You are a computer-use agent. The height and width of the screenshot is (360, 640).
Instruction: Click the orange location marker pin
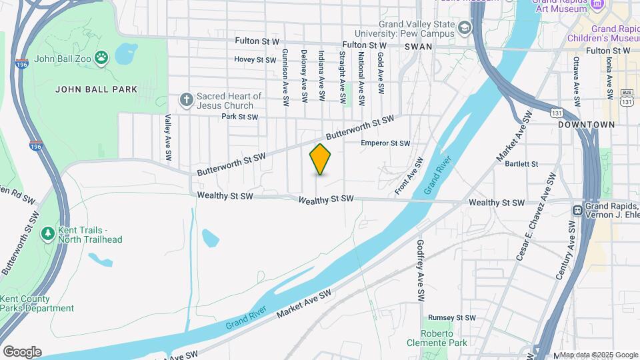tap(321, 159)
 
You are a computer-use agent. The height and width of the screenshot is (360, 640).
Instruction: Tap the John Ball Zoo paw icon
tap(101, 57)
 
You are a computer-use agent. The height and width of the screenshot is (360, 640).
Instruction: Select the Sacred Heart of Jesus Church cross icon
tap(187, 100)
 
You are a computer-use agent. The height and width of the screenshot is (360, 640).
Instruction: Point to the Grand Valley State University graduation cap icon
tap(465, 27)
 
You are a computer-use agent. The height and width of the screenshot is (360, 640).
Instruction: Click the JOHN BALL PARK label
tap(96, 89)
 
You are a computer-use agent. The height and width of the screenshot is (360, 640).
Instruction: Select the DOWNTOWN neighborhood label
tap(586, 125)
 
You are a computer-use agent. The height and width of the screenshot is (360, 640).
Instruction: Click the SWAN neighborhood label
tap(418, 47)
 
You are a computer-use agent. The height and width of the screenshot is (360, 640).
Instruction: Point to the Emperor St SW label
tap(385, 143)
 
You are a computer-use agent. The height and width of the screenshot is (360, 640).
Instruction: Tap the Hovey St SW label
tap(255, 59)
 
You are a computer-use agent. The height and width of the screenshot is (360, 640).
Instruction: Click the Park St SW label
tap(239, 117)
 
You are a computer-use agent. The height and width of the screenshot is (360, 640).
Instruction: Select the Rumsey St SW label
tap(451, 318)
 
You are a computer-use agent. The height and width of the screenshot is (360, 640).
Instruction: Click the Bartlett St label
tap(521, 163)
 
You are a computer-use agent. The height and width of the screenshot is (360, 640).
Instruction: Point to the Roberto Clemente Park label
tap(437, 338)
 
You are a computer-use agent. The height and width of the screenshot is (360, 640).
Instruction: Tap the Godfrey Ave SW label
tap(420, 269)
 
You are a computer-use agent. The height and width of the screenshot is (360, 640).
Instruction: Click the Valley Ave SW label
tap(169, 137)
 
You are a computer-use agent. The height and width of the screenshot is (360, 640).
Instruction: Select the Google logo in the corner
tap(22, 352)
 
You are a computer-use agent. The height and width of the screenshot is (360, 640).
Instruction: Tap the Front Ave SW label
tap(409, 176)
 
